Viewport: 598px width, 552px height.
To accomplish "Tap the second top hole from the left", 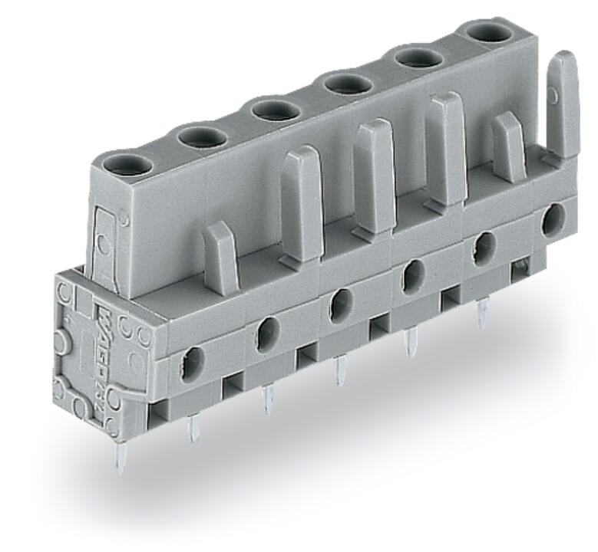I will [203, 137].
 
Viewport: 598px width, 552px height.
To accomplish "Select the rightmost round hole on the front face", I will [552, 220].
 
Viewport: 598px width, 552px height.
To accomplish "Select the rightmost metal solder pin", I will [483, 314].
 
